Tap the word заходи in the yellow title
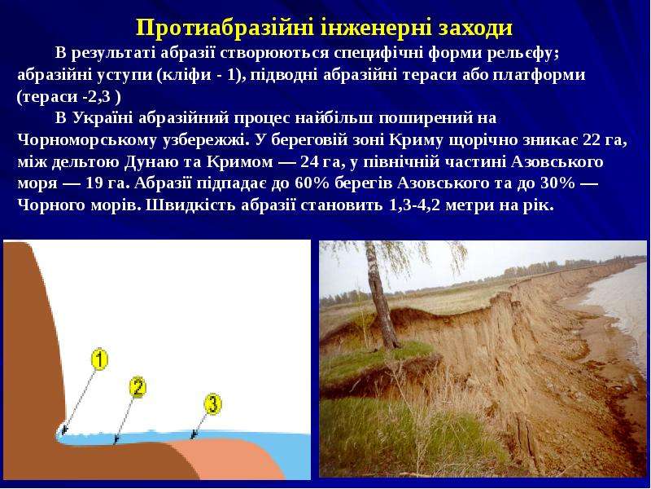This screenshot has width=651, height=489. coord(475,29)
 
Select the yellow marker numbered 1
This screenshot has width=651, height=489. coord(99,359)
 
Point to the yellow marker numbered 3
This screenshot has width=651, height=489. coord(212,404)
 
